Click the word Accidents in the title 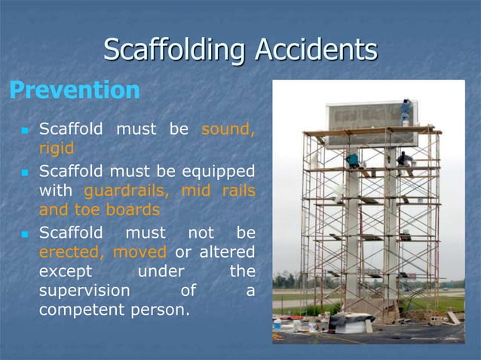point(316,50)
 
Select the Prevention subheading point(74,90)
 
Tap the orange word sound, point(228,129)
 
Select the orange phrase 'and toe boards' point(99,210)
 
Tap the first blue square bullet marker point(23,130)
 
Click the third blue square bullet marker point(23,232)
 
